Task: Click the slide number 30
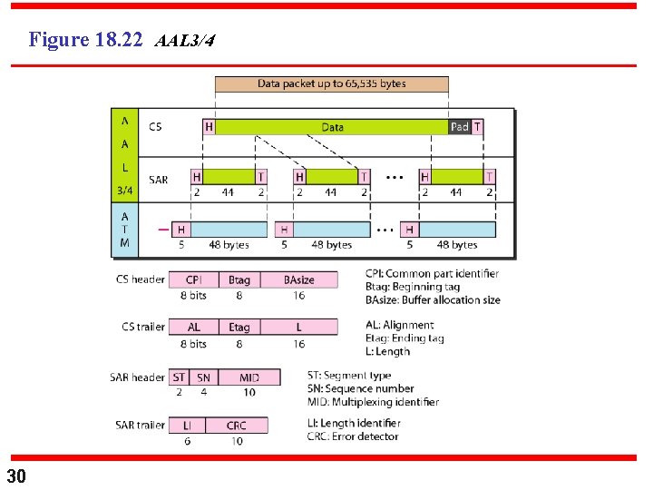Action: pyautogui.click(x=16, y=476)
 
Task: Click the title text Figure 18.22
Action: pyautogui.click(x=85, y=40)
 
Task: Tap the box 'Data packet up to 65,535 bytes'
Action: pyautogui.click(x=331, y=83)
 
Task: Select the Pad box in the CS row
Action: pyautogui.click(x=460, y=127)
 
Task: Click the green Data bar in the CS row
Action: pyautogui.click(x=333, y=127)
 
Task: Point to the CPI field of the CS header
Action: pyautogui.click(x=193, y=279)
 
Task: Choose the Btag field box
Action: pyautogui.click(x=239, y=279)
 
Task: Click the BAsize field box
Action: pyautogui.click(x=298, y=279)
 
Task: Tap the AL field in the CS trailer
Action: pyautogui.click(x=193, y=327)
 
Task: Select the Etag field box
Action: pyautogui.click(x=239, y=327)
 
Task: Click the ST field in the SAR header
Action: pyautogui.click(x=179, y=377)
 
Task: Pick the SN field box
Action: pyautogui.click(x=203, y=377)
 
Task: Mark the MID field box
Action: pyautogui.click(x=249, y=377)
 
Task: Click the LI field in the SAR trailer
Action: pyautogui.click(x=187, y=425)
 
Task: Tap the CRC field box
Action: pyautogui.click(x=237, y=425)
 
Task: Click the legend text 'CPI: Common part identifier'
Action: pyautogui.click(x=433, y=274)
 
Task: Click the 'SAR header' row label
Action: pyautogui.click(x=140, y=377)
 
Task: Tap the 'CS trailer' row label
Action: pyautogui.click(x=143, y=327)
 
